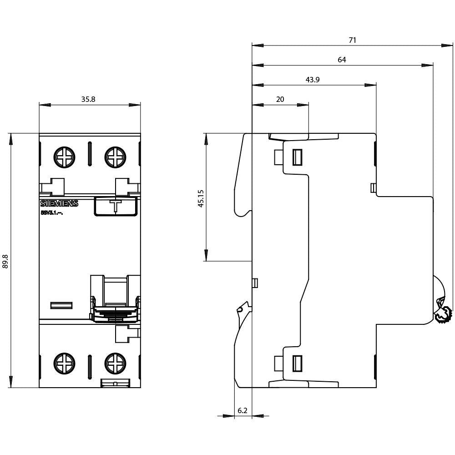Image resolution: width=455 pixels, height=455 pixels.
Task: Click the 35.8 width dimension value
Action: [88, 99]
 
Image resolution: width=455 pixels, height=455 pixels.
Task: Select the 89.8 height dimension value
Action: [5, 261]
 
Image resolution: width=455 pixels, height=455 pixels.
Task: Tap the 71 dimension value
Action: [352, 40]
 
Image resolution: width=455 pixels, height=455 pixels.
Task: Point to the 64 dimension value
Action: [342, 60]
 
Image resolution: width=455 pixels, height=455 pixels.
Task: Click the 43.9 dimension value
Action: [312, 80]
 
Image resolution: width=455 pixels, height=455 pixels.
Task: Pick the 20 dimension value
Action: [280, 99]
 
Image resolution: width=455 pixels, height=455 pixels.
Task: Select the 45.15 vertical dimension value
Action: [201, 198]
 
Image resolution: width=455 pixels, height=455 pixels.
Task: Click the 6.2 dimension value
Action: [243, 410]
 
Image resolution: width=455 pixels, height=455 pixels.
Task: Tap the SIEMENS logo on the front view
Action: [59, 204]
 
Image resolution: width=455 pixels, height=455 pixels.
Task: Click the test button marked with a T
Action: [116, 205]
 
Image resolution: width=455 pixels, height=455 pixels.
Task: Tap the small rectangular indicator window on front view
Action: [61, 305]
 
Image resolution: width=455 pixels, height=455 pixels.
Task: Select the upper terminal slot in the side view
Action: [297, 157]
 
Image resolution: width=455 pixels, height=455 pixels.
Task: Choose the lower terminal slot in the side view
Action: [297, 363]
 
